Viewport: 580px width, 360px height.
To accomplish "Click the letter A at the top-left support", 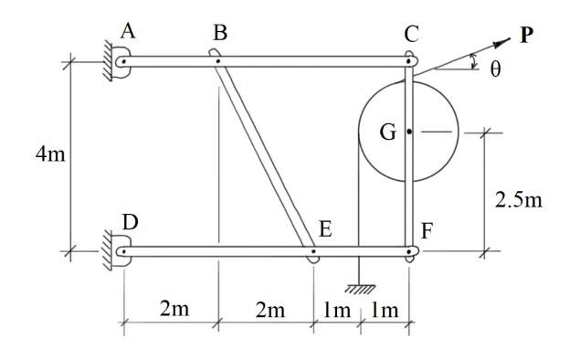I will (x=129, y=31).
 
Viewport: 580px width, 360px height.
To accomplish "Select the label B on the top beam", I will (x=219, y=33).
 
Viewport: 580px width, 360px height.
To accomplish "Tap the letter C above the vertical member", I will (x=411, y=35).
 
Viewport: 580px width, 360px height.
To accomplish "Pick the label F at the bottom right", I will (x=426, y=229).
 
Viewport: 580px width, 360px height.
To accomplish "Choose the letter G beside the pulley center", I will (x=388, y=132).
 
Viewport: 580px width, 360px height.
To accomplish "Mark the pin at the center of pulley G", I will (x=409, y=132).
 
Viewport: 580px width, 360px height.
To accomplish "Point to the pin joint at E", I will (x=313, y=250).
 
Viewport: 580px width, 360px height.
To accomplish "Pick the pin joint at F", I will (x=409, y=250).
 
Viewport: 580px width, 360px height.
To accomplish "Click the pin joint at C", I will (x=409, y=62).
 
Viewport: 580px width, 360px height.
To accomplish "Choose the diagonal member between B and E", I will (x=265, y=155).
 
